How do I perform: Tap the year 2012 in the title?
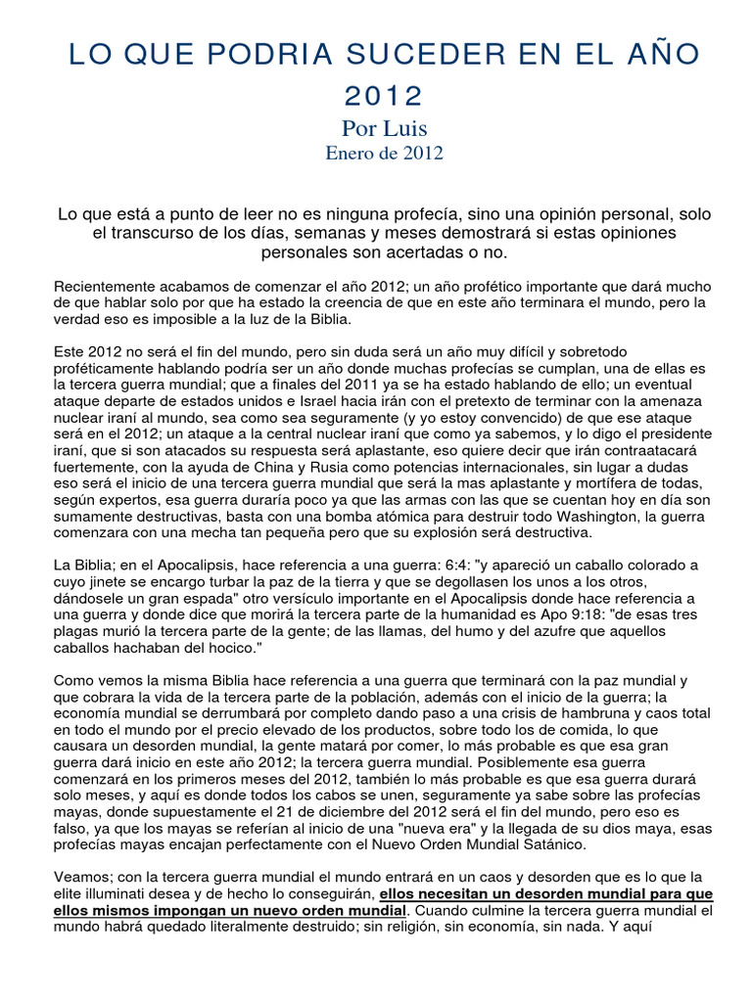(x=383, y=96)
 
